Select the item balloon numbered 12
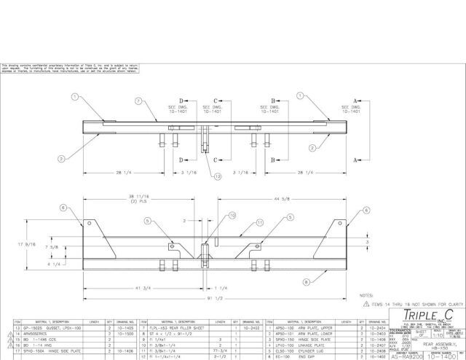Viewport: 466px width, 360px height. (218, 176)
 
